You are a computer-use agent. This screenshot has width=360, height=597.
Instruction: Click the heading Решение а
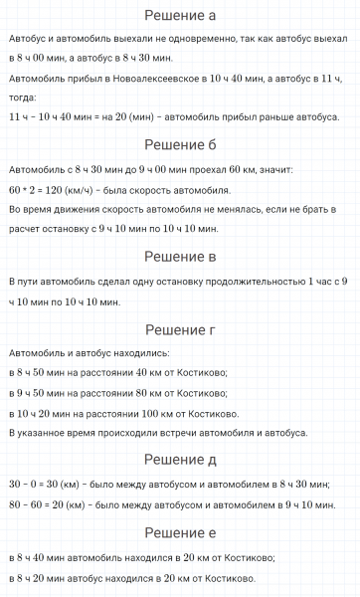click(x=180, y=16)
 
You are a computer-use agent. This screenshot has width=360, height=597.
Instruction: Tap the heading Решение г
click(x=180, y=329)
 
